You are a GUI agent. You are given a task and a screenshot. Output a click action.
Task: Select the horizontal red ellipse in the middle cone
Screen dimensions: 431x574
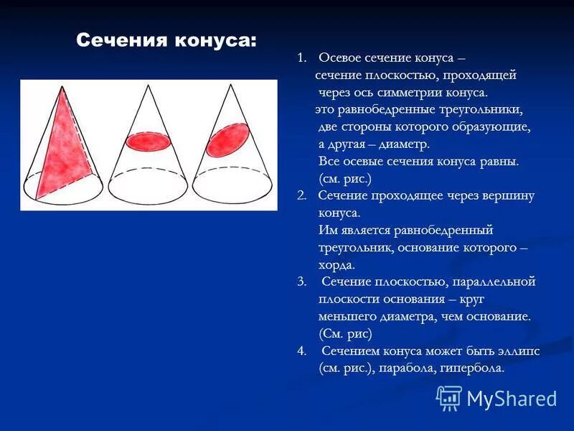(x=148, y=141)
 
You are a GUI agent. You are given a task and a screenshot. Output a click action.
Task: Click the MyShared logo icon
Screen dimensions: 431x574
(x=449, y=397)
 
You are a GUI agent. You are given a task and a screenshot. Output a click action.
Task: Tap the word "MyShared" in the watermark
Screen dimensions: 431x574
(x=512, y=399)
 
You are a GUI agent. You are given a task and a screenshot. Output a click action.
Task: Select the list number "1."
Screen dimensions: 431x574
(x=302, y=57)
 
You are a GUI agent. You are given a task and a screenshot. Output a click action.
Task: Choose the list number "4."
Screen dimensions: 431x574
(x=302, y=351)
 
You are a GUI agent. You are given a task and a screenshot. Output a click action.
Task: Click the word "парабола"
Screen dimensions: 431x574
(x=407, y=368)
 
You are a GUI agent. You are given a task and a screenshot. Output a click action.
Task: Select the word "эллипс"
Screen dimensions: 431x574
(x=517, y=351)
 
